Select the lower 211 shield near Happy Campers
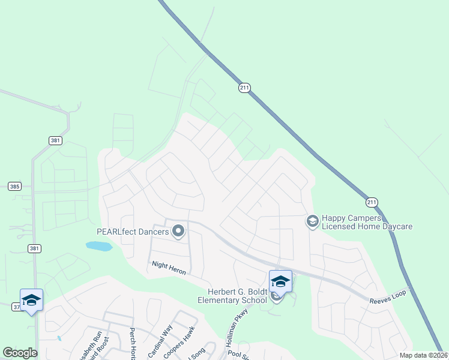tap(372, 202)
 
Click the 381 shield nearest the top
tap(55, 140)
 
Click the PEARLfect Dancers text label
tap(133, 231)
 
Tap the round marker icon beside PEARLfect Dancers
tap(178, 230)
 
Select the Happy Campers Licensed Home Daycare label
tap(367, 222)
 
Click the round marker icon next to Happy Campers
tap(312, 221)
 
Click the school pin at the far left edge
tap(31, 300)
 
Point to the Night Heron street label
tap(169, 268)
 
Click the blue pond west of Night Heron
tap(99, 246)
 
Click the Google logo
tap(20, 353)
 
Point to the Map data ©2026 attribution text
tap(423, 355)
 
